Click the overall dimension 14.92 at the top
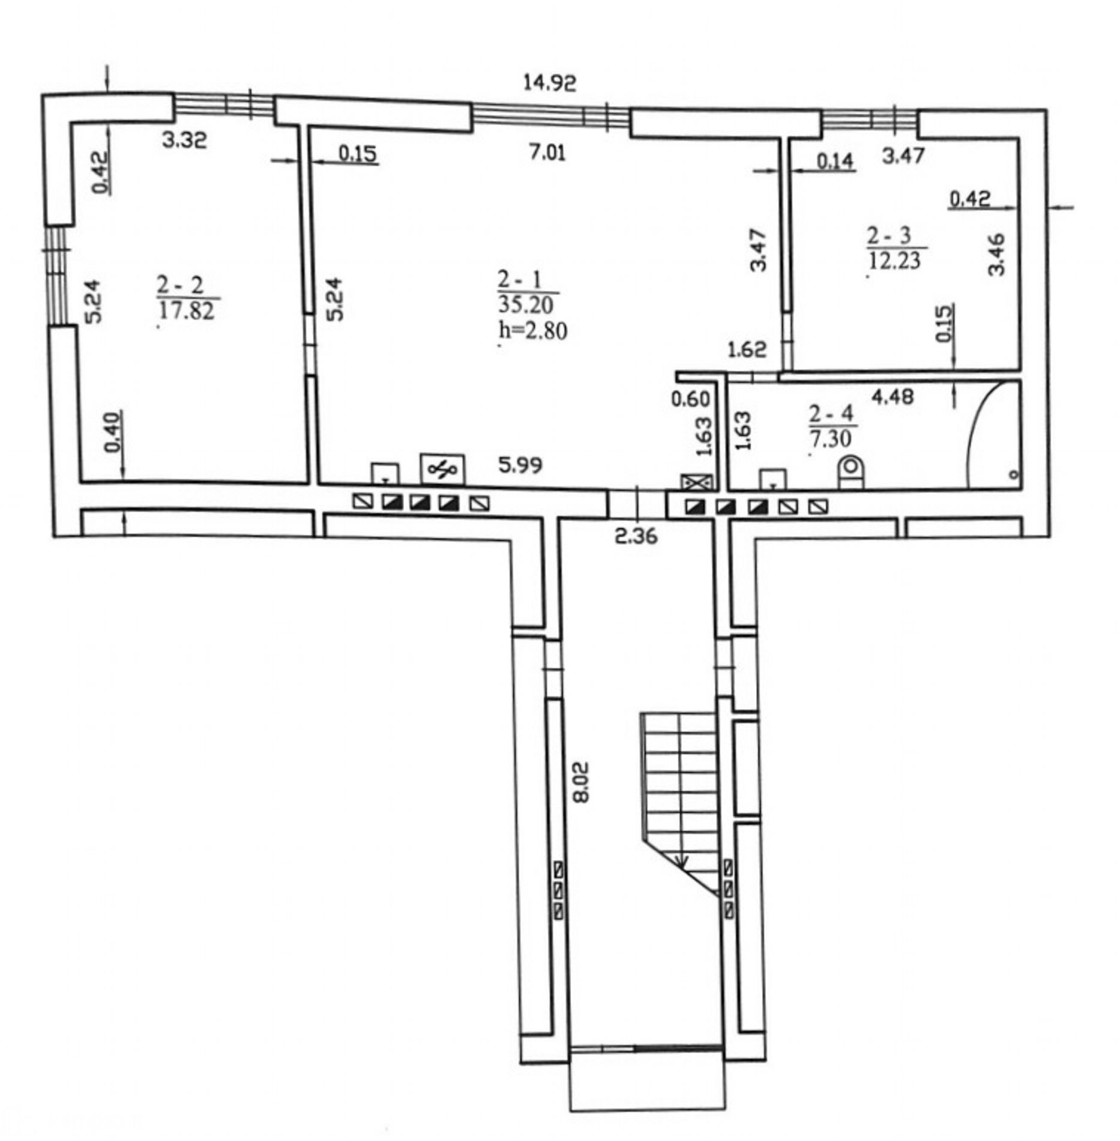click(549, 82)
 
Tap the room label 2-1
click(520, 279)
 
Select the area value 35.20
click(526, 304)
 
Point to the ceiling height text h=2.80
click(533, 330)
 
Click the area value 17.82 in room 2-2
click(187, 310)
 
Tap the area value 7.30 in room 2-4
click(831, 439)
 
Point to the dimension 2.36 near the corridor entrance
click(636, 534)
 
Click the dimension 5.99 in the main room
click(520, 464)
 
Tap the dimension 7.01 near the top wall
click(547, 153)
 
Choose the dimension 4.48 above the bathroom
click(893, 396)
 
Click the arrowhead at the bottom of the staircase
click(682, 861)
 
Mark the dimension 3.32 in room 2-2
click(184, 140)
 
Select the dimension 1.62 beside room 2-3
click(747, 349)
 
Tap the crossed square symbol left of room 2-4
click(697, 482)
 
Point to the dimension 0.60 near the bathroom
click(690, 399)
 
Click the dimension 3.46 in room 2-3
click(996, 253)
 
